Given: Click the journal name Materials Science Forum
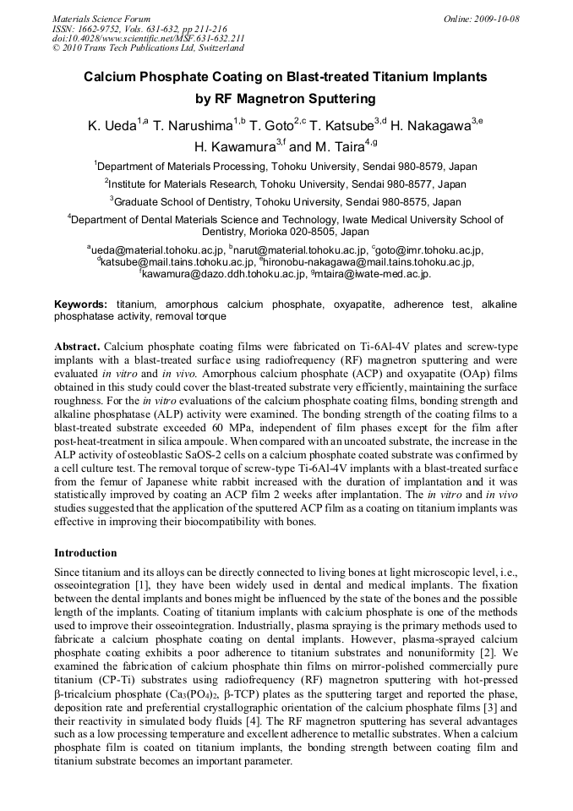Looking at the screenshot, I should tap(101, 19).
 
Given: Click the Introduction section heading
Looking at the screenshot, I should tap(85, 553).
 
